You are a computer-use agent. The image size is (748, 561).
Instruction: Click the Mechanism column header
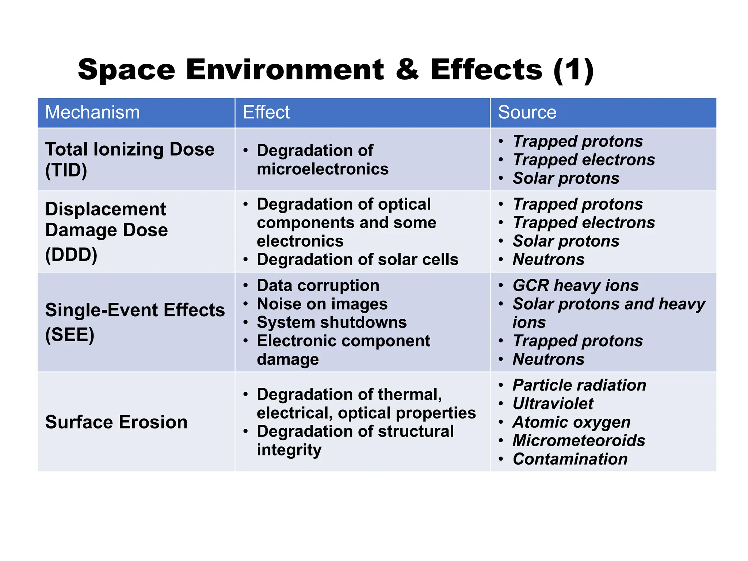click(92, 112)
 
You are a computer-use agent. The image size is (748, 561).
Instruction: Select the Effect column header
click(266, 112)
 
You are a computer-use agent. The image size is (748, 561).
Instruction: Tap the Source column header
click(527, 112)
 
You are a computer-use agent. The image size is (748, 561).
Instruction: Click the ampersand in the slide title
click(407, 69)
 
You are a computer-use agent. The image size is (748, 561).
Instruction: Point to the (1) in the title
click(573, 70)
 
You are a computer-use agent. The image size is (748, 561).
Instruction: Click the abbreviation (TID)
click(66, 170)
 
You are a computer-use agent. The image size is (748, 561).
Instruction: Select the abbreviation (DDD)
click(71, 255)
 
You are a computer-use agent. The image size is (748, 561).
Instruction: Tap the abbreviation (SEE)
click(70, 335)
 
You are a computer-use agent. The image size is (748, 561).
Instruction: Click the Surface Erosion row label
click(116, 422)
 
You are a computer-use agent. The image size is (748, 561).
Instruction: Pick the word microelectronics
click(323, 169)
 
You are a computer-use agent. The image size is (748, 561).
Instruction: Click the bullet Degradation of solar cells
click(357, 260)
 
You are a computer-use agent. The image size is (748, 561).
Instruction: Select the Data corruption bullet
click(318, 286)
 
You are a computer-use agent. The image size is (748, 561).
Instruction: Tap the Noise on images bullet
click(322, 304)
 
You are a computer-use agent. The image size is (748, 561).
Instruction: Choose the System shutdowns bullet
click(332, 323)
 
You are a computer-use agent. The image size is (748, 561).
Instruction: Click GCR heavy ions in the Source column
click(576, 286)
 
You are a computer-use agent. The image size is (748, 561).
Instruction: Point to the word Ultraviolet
click(553, 404)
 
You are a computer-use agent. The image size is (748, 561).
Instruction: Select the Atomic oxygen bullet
click(571, 422)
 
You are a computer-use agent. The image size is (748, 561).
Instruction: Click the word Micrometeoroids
click(579, 440)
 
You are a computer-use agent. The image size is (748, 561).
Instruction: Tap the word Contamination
click(570, 459)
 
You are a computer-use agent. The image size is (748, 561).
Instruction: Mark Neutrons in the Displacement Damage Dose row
click(549, 260)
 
